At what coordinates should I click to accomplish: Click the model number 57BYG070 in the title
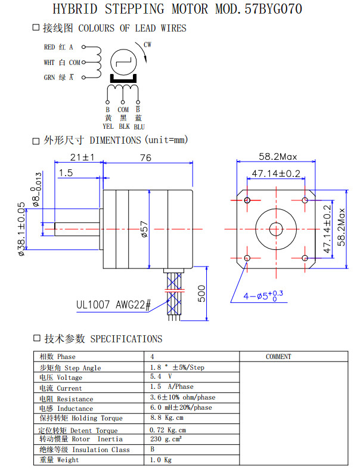[x=269, y=10]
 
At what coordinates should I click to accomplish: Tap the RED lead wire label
[x=49, y=47]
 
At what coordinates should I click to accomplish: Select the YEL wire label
[x=108, y=126]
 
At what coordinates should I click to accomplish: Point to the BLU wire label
[x=139, y=126]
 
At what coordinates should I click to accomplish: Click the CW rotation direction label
[x=147, y=44]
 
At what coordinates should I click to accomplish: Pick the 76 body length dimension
[x=145, y=158]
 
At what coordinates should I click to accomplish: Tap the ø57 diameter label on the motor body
[x=144, y=229]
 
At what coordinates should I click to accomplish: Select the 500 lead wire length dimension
[x=201, y=294]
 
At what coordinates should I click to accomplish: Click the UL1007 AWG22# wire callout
[x=113, y=305]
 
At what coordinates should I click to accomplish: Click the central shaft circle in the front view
[x=276, y=228]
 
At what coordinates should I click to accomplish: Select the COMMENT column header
[x=278, y=357]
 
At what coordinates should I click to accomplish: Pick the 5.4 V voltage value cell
[x=161, y=378]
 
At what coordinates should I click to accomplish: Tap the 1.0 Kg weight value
[x=161, y=460]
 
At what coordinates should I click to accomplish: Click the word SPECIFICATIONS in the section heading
[x=126, y=339]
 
